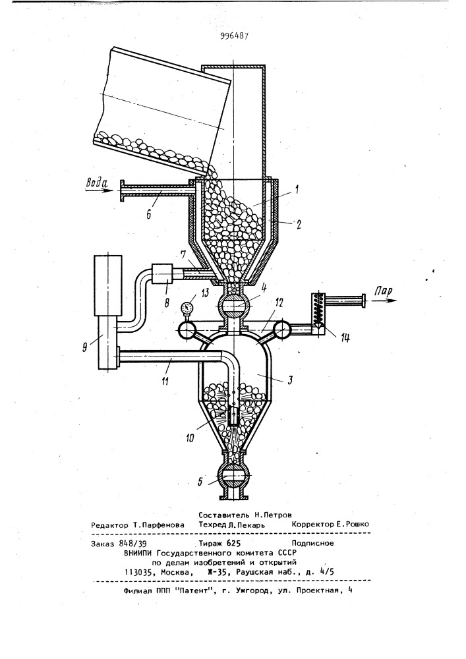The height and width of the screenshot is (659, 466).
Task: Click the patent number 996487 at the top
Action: coord(234,36)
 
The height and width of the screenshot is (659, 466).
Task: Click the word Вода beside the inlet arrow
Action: coord(97,183)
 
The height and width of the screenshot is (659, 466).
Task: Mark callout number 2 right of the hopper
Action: coord(299,225)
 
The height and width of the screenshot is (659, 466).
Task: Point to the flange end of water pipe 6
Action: coord(123,191)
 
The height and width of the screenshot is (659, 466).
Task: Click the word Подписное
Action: coord(312,543)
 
